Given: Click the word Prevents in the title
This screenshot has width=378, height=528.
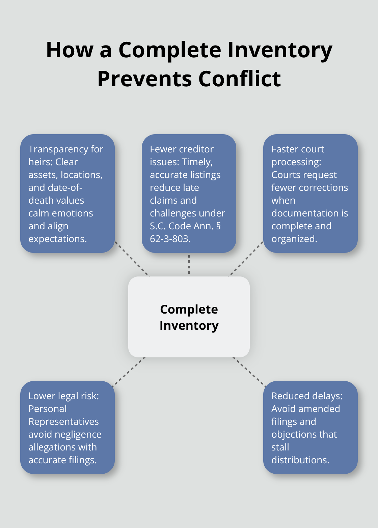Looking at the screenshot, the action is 145,79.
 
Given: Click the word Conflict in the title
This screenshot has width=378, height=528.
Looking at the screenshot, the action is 240,79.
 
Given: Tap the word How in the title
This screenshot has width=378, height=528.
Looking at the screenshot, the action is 70,50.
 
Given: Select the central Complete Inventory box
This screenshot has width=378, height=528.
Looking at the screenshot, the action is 189,317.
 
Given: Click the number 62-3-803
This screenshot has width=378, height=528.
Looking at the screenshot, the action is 170,239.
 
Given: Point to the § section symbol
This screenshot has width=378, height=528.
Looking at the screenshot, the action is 218,226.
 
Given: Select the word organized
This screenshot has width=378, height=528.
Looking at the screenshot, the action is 294,239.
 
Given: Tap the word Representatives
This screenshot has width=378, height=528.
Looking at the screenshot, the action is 64,421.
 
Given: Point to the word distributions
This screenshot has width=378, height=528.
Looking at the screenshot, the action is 300,460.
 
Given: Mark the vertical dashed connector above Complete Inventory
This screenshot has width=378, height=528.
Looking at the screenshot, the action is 189,264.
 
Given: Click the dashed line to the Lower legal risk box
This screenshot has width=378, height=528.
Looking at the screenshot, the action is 129,372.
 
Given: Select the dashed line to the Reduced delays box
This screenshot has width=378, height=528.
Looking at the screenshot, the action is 249,372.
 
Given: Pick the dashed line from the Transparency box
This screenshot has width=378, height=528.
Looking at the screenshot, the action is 132,259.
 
